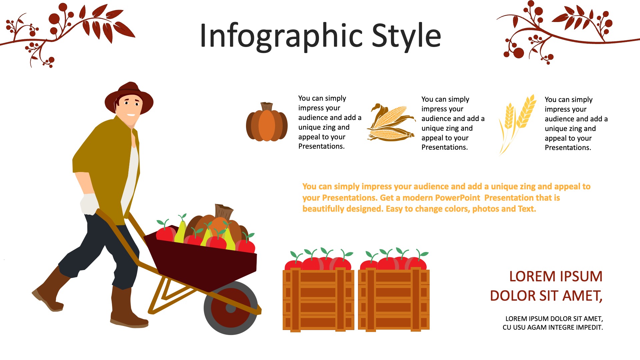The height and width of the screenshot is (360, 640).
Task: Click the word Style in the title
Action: [406, 35]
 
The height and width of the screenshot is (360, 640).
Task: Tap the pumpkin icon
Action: [267, 122]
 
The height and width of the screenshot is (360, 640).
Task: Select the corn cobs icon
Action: [391, 122]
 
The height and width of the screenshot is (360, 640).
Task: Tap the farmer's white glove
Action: [89, 204]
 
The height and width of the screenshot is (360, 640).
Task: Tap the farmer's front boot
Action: [127, 307]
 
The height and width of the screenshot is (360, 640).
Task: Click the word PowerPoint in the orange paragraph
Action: [457, 198]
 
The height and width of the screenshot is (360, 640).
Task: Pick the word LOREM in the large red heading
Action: [532, 276]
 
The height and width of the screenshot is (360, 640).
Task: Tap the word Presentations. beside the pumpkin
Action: [321, 146]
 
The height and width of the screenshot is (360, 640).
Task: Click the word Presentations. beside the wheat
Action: [568, 148]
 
